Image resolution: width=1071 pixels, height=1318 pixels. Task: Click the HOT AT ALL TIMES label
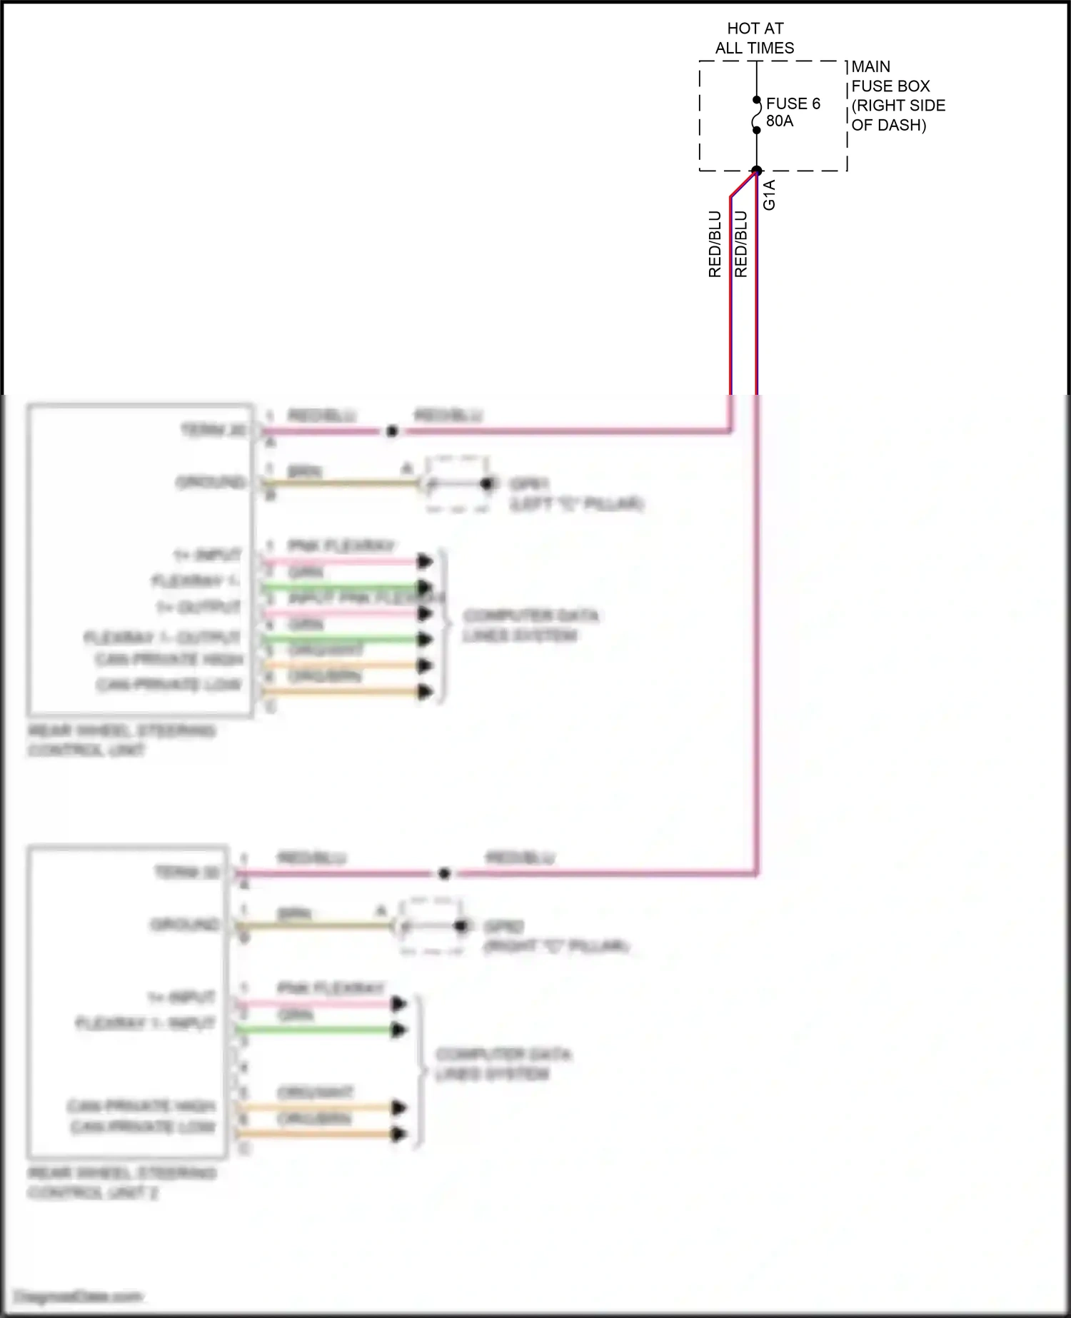pyautogui.click(x=755, y=39)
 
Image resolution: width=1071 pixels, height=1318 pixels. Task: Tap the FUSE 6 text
pyautogui.click(x=793, y=104)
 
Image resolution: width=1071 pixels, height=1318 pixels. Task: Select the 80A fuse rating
pyautogui.click(x=780, y=121)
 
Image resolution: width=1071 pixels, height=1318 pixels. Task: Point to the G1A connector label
pyautogui.click(x=769, y=195)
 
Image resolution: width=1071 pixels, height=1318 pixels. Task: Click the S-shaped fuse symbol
pyautogui.click(x=757, y=116)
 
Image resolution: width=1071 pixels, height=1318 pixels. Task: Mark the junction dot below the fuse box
pyautogui.click(x=757, y=171)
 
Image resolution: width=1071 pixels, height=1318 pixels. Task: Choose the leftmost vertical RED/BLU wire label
pyautogui.click(x=715, y=243)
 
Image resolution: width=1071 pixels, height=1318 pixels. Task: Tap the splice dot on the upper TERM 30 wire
pyautogui.click(x=391, y=431)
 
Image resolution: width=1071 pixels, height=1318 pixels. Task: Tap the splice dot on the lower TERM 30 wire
pyautogui.click(x=444, y=873)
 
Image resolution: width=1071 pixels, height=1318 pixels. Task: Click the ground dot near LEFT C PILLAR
pyautogui.click(x=487, y=484)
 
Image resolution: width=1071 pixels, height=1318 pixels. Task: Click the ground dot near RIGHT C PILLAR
pyautogui.click(x=461, y=926)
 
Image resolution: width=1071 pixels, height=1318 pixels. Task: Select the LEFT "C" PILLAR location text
pyautogui.click(x=576, y=504)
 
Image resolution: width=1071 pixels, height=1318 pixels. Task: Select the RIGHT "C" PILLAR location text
pyautogui.click(x=556, y=946)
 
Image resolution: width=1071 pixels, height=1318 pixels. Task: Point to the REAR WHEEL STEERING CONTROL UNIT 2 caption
pyautogui.click(x=121, y=1182)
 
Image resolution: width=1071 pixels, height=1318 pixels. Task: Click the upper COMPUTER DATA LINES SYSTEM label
pyautogui.click(x=531, y=625)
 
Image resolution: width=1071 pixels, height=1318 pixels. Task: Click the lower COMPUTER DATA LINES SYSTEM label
pyautogui.click(x=503, y=1064)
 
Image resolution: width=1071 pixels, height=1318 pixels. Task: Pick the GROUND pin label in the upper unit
pyautogui.click(x=211, y=483)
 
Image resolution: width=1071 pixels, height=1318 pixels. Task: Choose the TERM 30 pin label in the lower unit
pyautogui.click(x=187, y=872)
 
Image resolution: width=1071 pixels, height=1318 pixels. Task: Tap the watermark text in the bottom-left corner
pyautogui.click(x=79, y=1296)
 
